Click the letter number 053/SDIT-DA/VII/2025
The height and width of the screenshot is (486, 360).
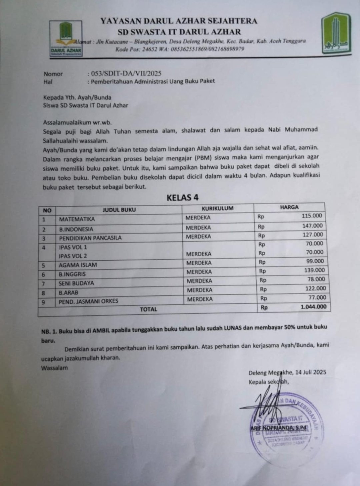(126, 74)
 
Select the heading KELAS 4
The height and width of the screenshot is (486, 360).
(183, 197)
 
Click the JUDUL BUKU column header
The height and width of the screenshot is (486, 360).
(119, 210)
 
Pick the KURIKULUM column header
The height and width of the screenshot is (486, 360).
(217, 208)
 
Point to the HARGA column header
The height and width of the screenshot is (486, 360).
(289, 207)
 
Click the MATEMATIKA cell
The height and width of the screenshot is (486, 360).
(77, 219)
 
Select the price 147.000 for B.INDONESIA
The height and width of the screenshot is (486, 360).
(312, 226)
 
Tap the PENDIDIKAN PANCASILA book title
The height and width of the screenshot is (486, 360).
(90, 238)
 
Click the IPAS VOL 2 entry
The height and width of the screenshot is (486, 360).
(73, 256)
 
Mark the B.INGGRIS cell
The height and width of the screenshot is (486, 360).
(72, 274)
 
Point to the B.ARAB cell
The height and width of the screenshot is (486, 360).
(69, 293)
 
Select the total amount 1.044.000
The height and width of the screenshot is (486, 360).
(313, 307)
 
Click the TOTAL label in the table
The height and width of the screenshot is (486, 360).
(148, 309)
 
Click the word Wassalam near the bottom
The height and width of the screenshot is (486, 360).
(54, 368)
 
